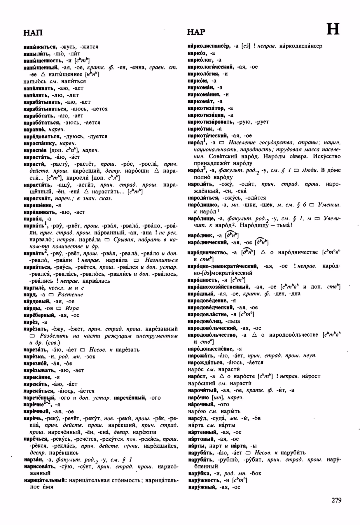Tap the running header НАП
[x=33, y=33]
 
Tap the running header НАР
[x=196, y=32]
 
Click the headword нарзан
[x=33, y=460]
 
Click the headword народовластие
[x=211, y=314]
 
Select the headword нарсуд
[x=197, y=418]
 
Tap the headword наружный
[x=202, y=487]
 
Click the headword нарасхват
[x=37, y=198]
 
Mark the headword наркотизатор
[x=206, y=108]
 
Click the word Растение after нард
[x=70, y=295]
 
